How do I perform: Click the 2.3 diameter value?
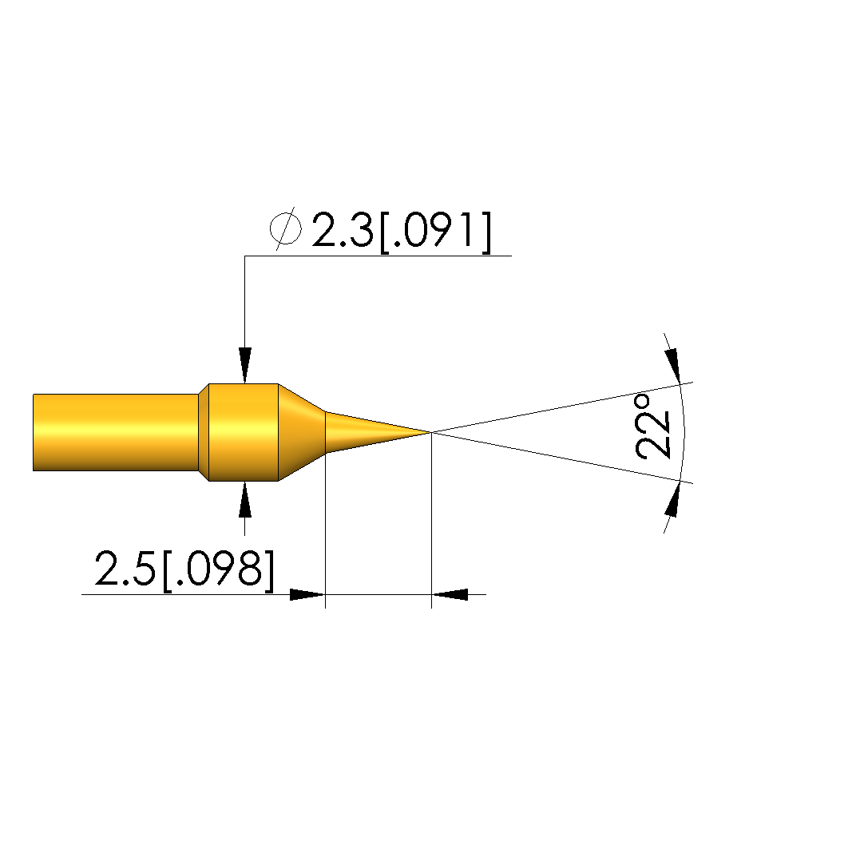pos(343,229)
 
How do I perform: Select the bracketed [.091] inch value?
pos(435,232)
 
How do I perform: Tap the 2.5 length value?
pos(125,568)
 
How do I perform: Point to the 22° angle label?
pos(652,426)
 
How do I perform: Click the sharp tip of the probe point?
pos(430,432)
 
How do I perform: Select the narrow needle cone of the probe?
pos(378,432)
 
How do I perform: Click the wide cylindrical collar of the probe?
pos(244,432)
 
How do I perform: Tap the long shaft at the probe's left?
pos(116,432)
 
